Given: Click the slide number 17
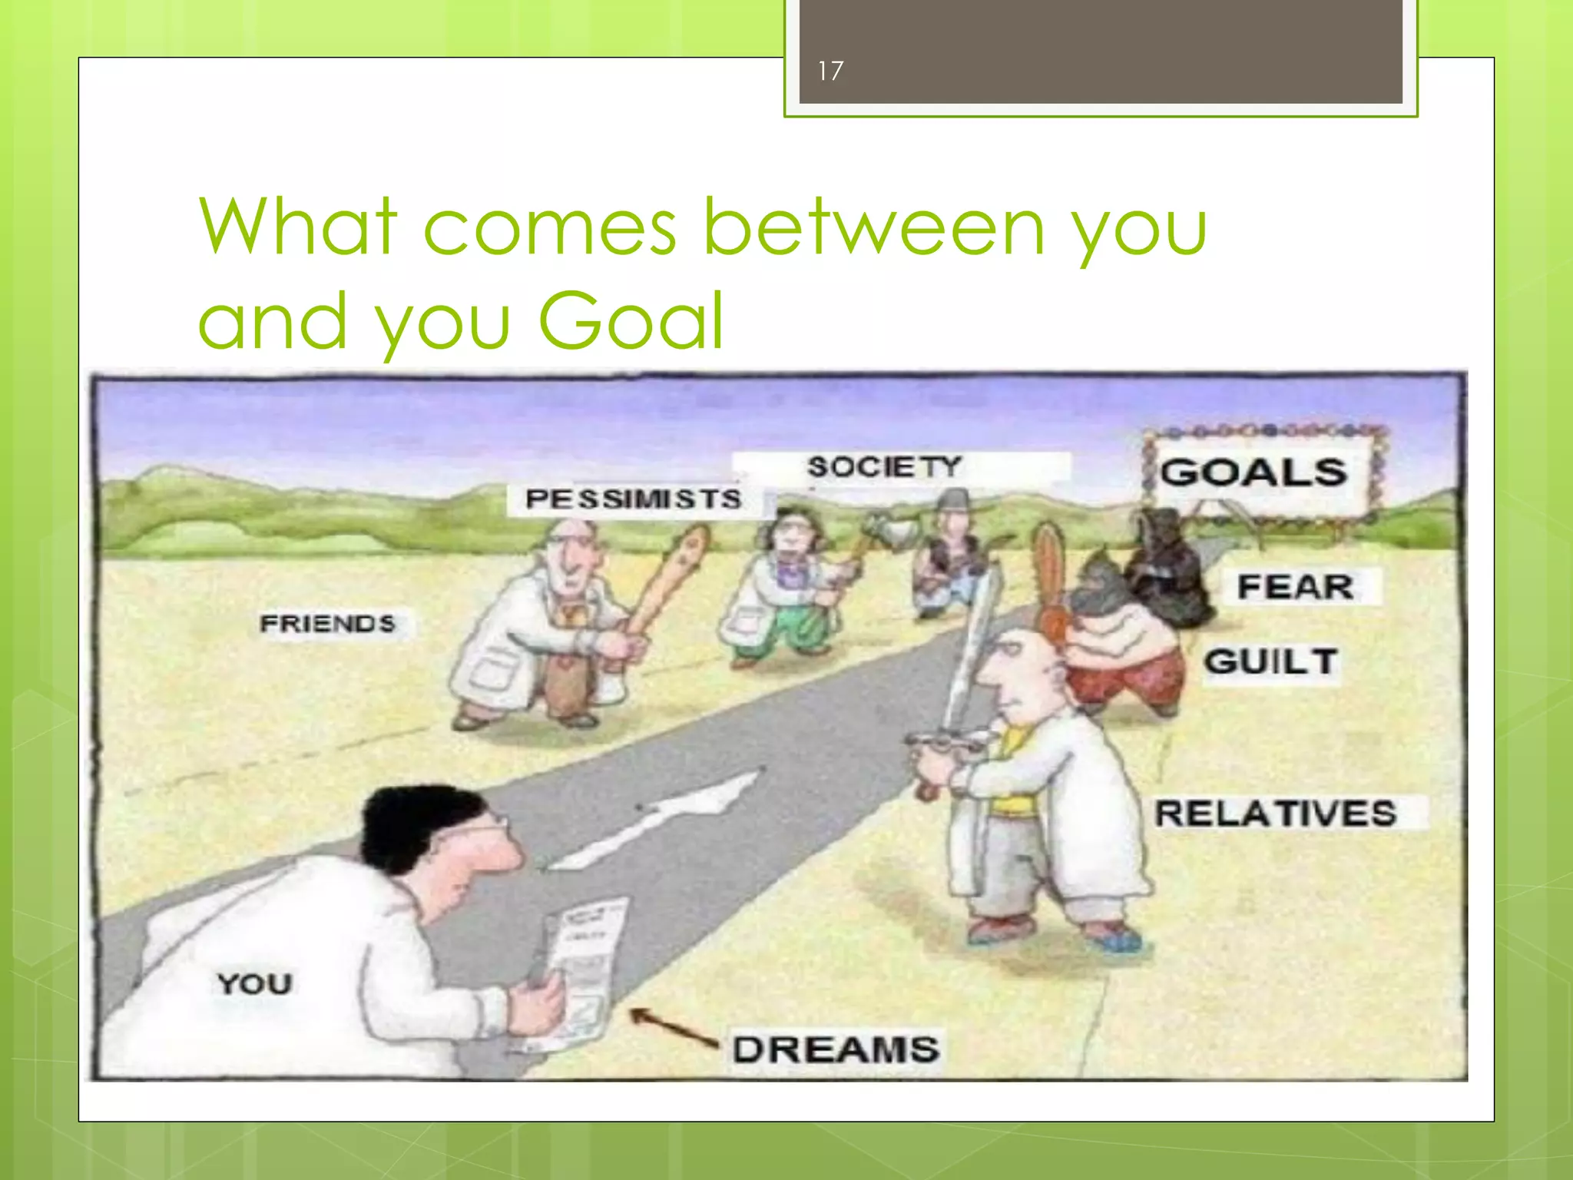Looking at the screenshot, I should click(830, 71).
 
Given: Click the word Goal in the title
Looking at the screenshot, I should click(630, 320).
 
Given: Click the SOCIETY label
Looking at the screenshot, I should click(883, 466).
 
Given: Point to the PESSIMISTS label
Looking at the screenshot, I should click(634, 499).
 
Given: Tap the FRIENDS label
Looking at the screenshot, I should click(328, 622).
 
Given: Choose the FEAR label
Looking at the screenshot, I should click(1296, 587).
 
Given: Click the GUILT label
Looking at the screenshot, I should click(1271, 661).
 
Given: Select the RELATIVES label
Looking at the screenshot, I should click(1276, 813).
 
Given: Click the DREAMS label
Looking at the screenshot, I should click(835, 1049).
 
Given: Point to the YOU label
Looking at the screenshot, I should click(254, 983).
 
